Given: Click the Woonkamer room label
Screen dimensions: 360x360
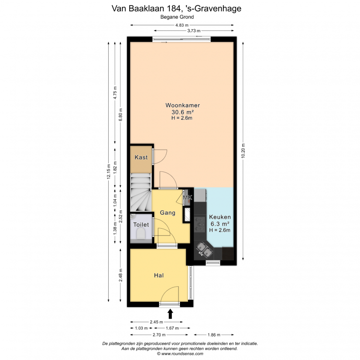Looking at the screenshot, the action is pos(182,106).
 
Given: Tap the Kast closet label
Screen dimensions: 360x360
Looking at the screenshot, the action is pos(141,157).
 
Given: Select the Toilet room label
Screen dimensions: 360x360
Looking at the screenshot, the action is pos(141,225).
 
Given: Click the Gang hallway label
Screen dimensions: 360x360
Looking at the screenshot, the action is pos(168,213).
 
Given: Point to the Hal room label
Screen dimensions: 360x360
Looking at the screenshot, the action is pos(159,275).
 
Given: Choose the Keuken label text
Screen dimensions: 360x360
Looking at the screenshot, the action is pos(220,217).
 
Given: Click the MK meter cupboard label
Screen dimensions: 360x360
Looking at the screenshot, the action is pos(187,197).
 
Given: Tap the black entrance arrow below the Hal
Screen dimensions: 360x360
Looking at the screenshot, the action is pos(170,314).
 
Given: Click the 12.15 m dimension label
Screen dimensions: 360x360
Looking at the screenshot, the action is pos(109,171).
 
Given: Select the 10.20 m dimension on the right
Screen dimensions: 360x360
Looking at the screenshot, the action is pos(243,151).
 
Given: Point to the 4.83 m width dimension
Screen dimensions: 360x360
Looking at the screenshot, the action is pos(182,25).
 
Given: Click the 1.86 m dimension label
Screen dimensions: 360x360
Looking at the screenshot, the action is pos(214,335).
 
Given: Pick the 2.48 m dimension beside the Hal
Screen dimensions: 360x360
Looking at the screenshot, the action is pos(120,275).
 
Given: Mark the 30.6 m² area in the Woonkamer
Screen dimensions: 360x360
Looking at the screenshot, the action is pos(182,112).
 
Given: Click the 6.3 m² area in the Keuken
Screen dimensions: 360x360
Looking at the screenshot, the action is pos(220,223).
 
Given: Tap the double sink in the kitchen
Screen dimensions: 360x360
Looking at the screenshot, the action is pos(204,250).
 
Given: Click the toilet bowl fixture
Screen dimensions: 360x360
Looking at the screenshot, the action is pos(141,235).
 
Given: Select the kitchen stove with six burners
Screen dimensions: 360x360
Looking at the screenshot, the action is pos(200,224).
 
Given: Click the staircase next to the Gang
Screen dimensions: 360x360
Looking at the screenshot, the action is pos(141,192).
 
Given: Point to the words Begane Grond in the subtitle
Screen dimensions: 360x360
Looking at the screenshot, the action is pos(177,17).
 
